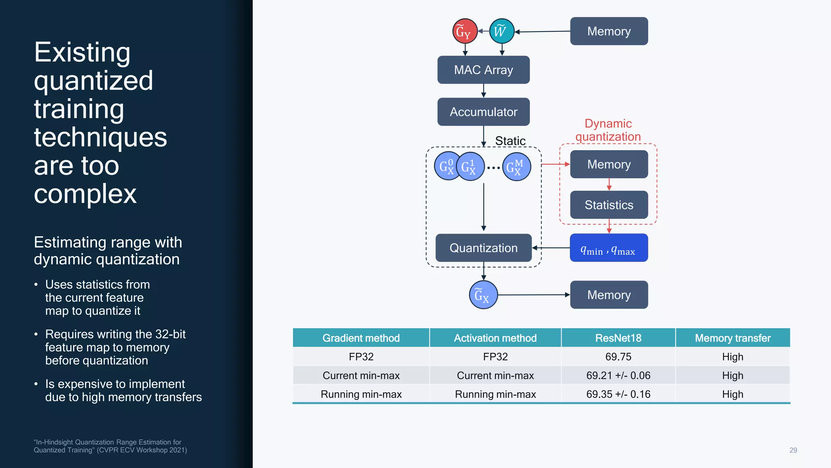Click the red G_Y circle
click(465, 31)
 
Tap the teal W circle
click(502, 31)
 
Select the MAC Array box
click(483, 70)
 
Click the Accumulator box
click(483, 112)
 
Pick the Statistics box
click(609, 205)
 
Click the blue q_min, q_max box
click(609, 248)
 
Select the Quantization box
click(483, 248)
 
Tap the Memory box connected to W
click(609, 31)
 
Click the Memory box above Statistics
click(609, 164)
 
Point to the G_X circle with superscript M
click(517, 167)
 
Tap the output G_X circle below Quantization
click(483, 295)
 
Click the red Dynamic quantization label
click(608, 130)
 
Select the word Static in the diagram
click(510, 141)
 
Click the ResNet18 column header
click(618, 338)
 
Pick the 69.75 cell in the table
click(618, 357)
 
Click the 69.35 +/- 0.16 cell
click(618, 394)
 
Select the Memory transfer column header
click(732, 338)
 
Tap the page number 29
click(793, 450)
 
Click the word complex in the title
click(85, 194)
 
